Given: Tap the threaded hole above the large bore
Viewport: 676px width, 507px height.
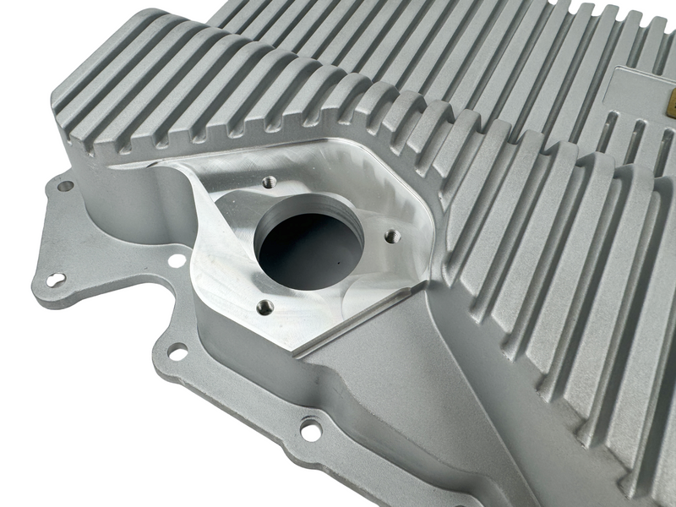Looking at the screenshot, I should (270, 181).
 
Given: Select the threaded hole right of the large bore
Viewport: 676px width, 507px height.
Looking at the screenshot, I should (391, 237).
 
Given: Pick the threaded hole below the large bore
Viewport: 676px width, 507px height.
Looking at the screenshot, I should (264, 307).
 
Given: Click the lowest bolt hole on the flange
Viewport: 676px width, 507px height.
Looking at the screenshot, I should (311, 430).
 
